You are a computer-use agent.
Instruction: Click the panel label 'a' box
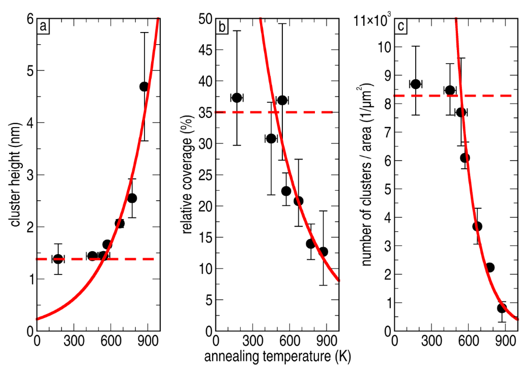[44, 26]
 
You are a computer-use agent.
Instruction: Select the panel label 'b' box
[222, 26]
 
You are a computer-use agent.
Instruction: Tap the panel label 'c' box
[402, 26]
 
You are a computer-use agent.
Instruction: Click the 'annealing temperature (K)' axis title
[275, 357]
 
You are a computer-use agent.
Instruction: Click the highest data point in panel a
[144, 86]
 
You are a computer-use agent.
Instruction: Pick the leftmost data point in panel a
[58, 259]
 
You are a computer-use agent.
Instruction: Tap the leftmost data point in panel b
[237, 98]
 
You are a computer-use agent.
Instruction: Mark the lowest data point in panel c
[502, 308]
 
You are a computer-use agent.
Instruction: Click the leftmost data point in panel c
[416, 84]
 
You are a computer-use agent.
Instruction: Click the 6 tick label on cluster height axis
[30, 19]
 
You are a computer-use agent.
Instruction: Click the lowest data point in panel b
[323, 252]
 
